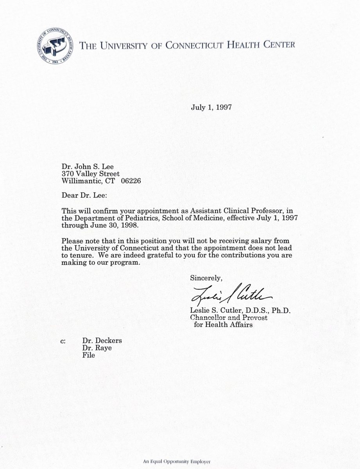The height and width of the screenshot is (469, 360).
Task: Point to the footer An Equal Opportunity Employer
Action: (180, 461)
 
